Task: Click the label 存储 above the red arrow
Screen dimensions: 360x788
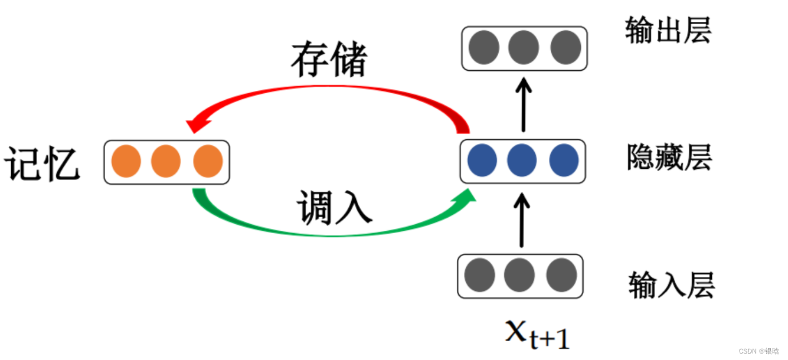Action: (x=329, y=60)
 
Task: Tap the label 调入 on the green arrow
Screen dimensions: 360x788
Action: (x=334, y=208)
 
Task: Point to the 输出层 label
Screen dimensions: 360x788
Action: (x=668, y=30)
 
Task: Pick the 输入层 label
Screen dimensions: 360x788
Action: (x=672, y=284)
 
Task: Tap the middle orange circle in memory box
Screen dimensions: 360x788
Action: (x=166, y=161)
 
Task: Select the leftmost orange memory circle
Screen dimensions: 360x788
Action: (x=126, y=161)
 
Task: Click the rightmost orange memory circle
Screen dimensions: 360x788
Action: (x=208, y=161)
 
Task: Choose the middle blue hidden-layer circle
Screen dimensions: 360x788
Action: (x=522, y=160)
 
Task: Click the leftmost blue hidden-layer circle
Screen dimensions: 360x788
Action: (x=482, y=160)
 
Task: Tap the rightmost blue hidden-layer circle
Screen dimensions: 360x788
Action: (x=564, y=160)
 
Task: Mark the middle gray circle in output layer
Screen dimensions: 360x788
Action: (x=524, y=48)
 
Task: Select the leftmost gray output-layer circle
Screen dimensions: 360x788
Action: (x=484, y=48)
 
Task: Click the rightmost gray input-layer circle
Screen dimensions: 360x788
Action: (x=561, y=276)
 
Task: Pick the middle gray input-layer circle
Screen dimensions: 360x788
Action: (x=519, y=276)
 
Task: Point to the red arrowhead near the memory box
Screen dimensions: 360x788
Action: (x=197, y=125)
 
